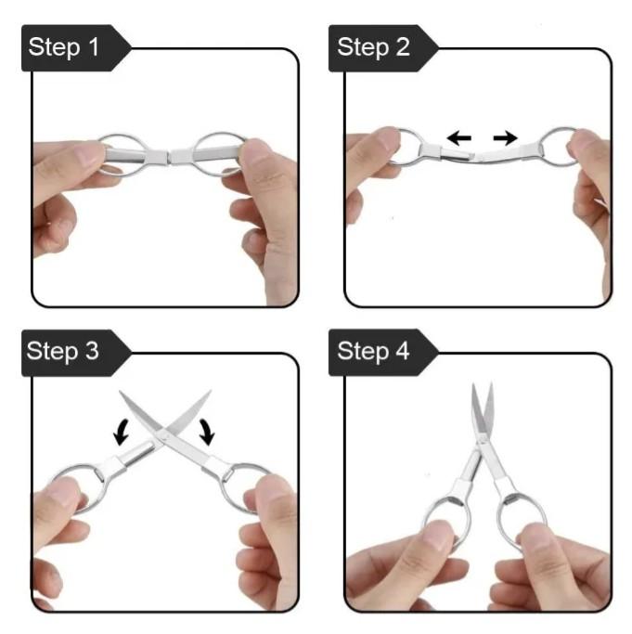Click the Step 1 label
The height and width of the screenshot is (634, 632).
tap(63, 47)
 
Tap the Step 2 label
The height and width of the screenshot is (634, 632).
tap(373, 47)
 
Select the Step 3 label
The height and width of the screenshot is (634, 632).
tap(63, 352)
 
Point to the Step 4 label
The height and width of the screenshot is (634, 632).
tap(373, 352)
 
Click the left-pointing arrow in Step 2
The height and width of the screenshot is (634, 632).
tap(459, 138)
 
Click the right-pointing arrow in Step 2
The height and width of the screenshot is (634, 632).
tap(506, 138)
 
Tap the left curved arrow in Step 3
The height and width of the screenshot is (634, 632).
tap(121, 432)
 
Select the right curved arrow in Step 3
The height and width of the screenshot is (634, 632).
tap(208, 432)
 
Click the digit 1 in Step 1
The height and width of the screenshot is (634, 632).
tap(94, 46)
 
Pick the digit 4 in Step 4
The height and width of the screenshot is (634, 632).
tap(403, 351)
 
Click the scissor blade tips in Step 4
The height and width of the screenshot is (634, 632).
tap(482, 385)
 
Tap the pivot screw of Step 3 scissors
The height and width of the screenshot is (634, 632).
tap(164, 435)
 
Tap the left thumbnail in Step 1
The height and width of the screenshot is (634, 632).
tap(91, 154)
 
